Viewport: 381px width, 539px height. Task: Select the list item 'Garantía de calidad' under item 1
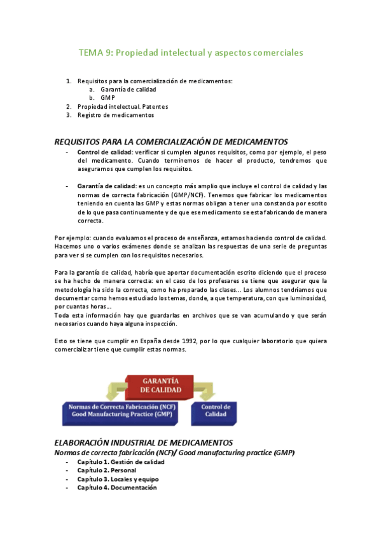(x=128, y=90)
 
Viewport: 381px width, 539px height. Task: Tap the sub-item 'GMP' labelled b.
(x=107, y=98)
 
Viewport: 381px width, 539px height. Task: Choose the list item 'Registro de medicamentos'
(x=115, y=115)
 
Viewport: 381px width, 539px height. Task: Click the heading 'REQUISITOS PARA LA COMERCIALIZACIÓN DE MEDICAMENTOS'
(x=171, y=142)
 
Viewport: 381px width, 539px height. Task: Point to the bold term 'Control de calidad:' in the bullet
(x=104, y=153)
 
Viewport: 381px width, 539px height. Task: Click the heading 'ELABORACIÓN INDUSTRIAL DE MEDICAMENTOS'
(x=144, y=442)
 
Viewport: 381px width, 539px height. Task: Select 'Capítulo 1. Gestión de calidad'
(x=120, y=462)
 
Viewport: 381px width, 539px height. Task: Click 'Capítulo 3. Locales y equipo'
(x=118, y=479)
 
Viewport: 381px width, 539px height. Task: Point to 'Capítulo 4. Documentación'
(x=116, y=488)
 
